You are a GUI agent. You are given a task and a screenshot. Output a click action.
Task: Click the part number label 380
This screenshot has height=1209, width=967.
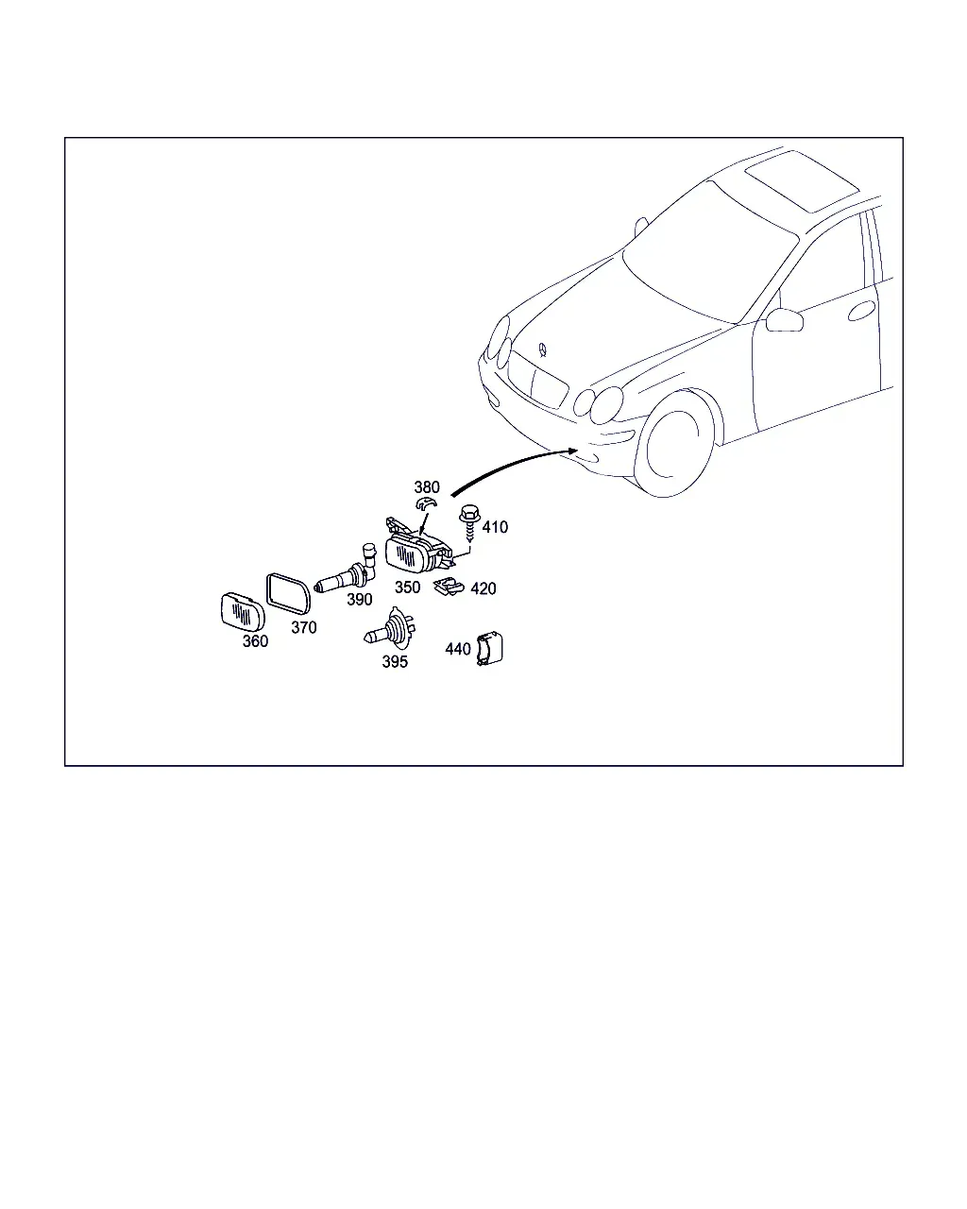(427, 486)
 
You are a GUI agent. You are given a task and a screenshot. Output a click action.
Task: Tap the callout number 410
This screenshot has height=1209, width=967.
(495, 527)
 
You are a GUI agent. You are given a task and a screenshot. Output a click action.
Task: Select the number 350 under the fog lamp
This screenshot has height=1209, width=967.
(407, 587)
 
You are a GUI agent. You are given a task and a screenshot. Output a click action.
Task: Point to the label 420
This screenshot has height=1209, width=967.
(483, 588)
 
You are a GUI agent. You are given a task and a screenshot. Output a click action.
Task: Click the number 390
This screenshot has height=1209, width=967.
(359, 600)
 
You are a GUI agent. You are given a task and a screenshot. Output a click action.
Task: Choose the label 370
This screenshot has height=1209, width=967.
(304, 627)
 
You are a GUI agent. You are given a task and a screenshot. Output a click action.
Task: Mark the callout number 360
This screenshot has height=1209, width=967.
(255, 641)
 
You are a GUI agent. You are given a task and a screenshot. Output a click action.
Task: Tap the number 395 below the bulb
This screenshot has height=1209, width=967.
(395, 662)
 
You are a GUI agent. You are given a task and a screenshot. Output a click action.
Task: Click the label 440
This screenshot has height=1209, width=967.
(458, 649)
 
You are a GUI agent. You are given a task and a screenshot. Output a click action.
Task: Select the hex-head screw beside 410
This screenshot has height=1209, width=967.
(468, 523)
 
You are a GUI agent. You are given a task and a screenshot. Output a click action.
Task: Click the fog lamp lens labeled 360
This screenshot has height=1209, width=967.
(243, 611)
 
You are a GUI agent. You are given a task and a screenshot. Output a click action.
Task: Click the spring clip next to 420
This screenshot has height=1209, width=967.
(449, 587)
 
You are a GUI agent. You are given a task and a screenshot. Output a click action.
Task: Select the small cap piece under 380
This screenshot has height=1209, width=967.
(426, 502)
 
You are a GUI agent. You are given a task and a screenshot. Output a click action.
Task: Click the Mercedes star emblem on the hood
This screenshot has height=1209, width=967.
(542, 349)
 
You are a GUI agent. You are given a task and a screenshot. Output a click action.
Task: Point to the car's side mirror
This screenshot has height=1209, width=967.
(785, 319)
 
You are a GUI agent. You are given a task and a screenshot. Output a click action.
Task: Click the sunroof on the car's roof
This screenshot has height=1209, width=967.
(803, 181)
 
